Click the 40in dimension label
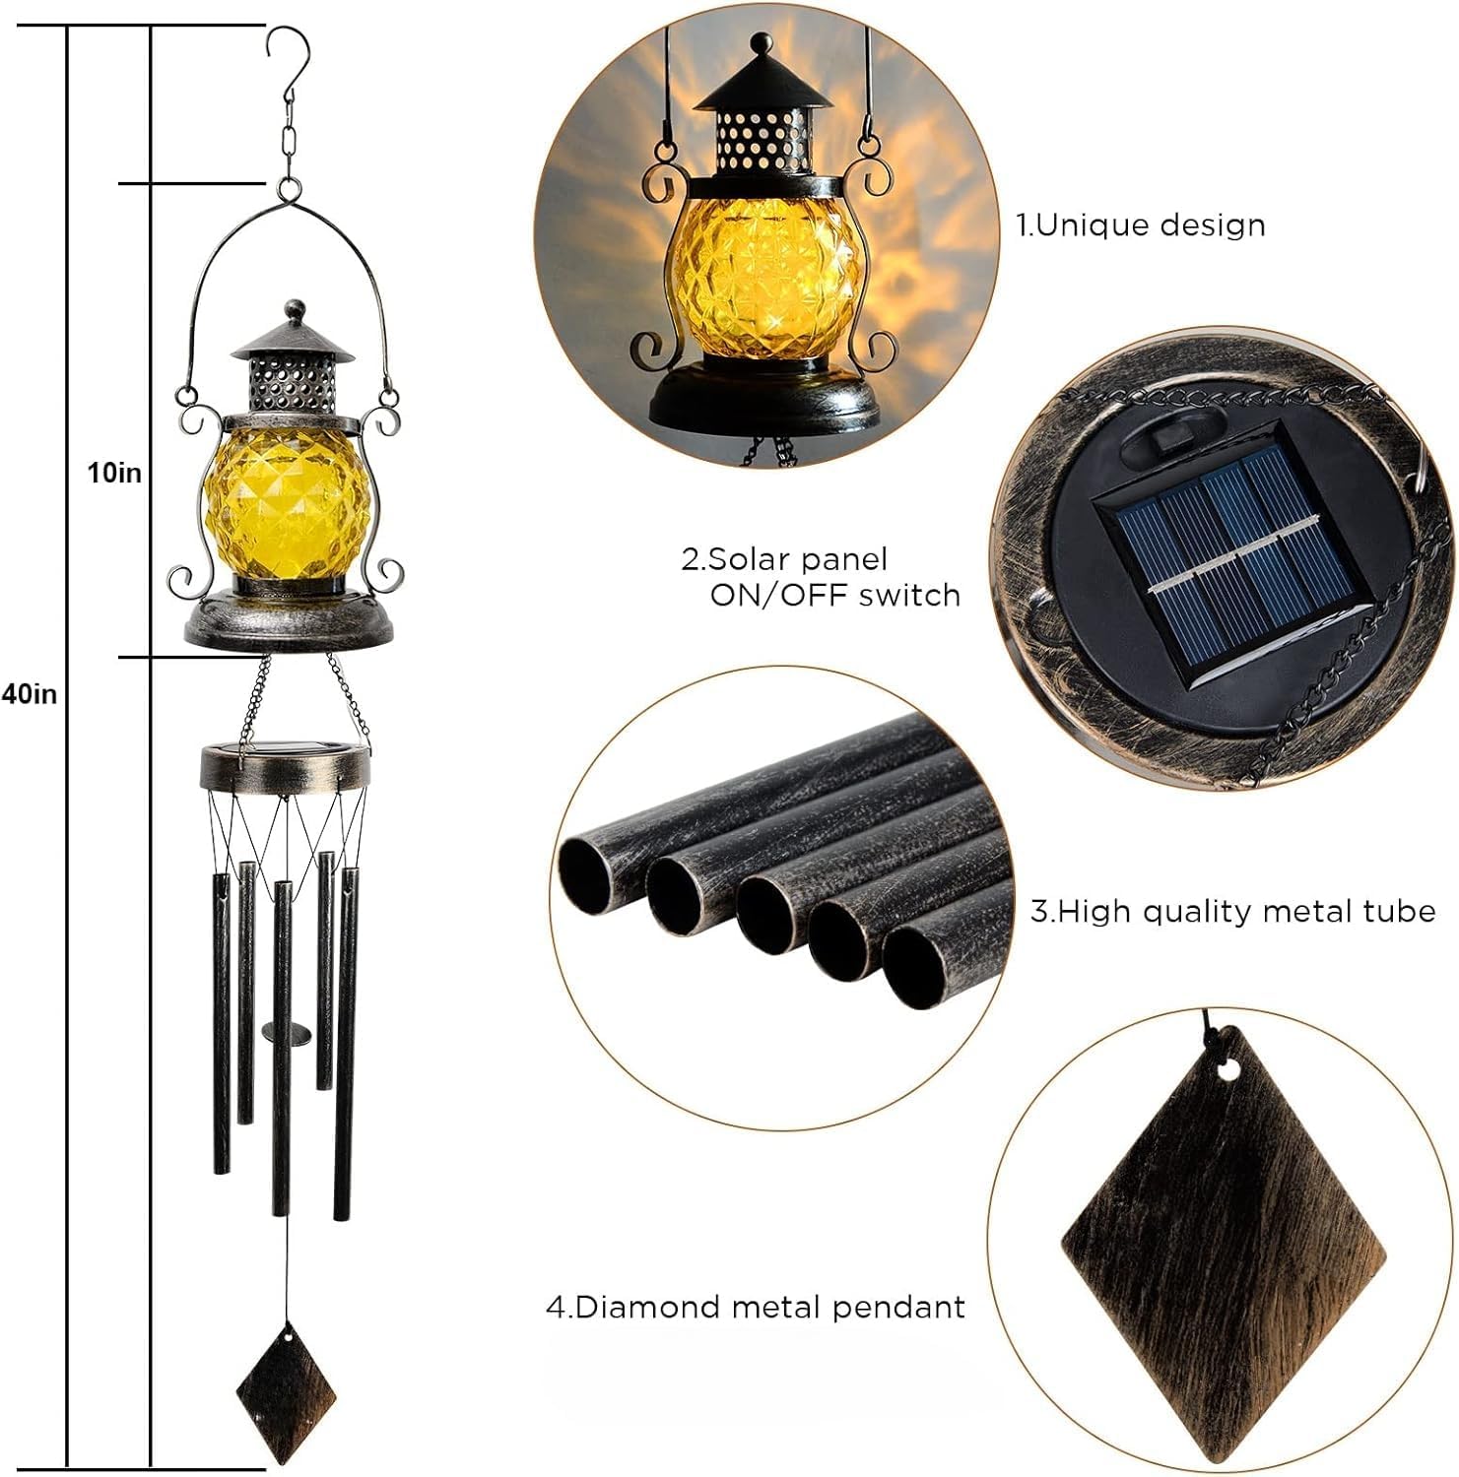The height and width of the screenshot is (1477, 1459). pos(30,694)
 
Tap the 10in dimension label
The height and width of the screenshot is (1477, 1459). pos(114,474)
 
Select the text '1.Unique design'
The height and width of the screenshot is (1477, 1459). pos(1141,225)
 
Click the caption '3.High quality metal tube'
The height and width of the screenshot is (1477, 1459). pos(1232,911)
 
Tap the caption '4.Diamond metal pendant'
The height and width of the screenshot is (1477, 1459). pos(756,1308)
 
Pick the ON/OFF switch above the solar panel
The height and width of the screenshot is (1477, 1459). pos(1171,435)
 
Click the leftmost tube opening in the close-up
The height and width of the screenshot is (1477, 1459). pos(592,871)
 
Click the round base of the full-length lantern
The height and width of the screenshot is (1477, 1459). pos(288,623)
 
